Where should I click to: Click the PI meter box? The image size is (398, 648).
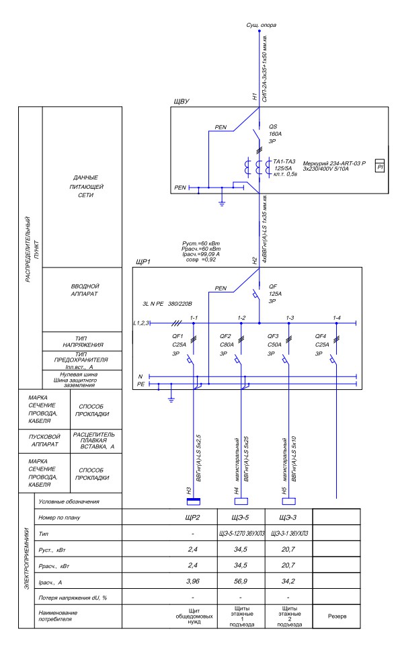point(379,166)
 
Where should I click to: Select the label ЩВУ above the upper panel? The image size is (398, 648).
point(182,102)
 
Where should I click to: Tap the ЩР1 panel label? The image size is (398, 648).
point(143,262)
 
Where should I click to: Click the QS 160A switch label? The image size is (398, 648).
point(275,134)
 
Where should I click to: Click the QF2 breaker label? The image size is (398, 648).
point(225,336)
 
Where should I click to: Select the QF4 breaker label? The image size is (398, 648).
point(321,336)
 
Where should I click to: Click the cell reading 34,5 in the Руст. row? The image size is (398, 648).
point(241,549)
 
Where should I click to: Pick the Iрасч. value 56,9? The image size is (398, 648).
point(241,581)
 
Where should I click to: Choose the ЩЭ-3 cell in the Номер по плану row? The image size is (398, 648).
point(288,518)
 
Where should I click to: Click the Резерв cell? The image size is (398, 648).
point(337,616)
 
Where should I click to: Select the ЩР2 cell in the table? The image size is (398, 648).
point(192,518)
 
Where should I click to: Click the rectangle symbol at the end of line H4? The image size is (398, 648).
point(241,501)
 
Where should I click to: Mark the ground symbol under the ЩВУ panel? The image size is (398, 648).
point(222,203)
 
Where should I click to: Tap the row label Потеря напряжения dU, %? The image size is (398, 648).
point(73,598)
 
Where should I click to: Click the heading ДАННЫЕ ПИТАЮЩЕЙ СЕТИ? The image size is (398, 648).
point(85,186)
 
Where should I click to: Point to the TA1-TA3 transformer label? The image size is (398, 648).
point(284,161)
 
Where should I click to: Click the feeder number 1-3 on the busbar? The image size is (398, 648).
point(290,318)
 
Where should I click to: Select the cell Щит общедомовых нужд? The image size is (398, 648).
point(194,616)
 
